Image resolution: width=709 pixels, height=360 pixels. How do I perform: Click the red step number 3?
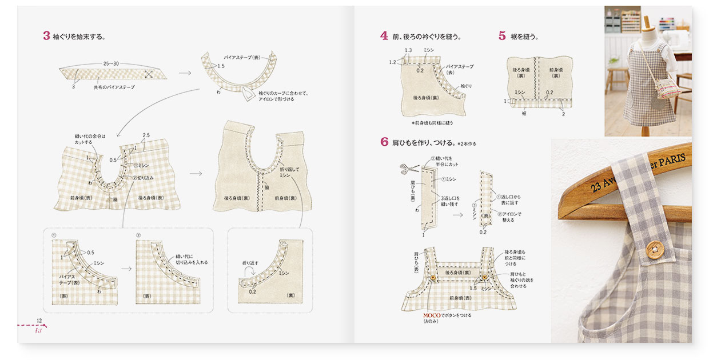pyautogui.click(x=46, y=36)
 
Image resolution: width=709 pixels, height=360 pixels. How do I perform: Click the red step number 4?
pyautogui.click(x=384, y=36)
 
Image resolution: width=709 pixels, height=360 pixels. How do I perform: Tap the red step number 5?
pyautogui.click(x=501, y=36)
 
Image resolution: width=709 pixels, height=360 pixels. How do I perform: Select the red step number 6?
pyautogui.click(x=384, y=142)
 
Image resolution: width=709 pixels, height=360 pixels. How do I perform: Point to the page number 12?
pyautogui.click(x=39, y=320)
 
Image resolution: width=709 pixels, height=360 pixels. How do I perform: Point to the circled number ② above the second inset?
pyautogui.click(x=138, y=235)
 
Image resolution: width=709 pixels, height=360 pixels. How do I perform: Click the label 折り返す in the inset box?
pyautogui.click(x=251, y=263)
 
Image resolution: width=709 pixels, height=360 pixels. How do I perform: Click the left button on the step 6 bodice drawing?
pyautogui.click(x=433, y=278)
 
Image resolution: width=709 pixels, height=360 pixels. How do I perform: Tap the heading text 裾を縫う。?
pyautogui.click(x=524, y=37)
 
